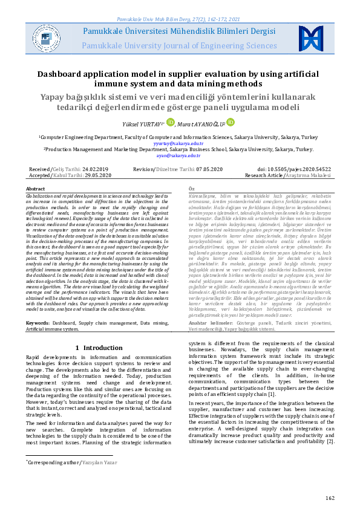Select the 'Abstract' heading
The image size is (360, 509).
coord(35,189)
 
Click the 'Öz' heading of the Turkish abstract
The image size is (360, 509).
coord(192,189)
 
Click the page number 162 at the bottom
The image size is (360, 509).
coord(329,498)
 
